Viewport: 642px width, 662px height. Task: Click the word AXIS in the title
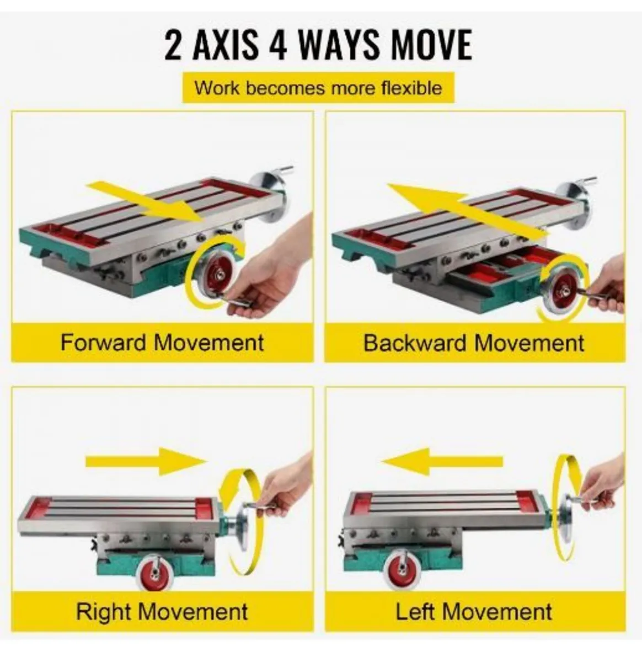point(226,45)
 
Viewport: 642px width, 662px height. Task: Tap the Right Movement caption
point(162,611)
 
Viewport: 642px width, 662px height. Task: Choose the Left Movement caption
point(474,611)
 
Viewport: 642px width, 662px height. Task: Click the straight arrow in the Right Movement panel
point(146,462)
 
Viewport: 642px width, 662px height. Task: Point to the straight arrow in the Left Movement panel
point(441,462)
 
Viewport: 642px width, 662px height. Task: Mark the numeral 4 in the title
point(278,45)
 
